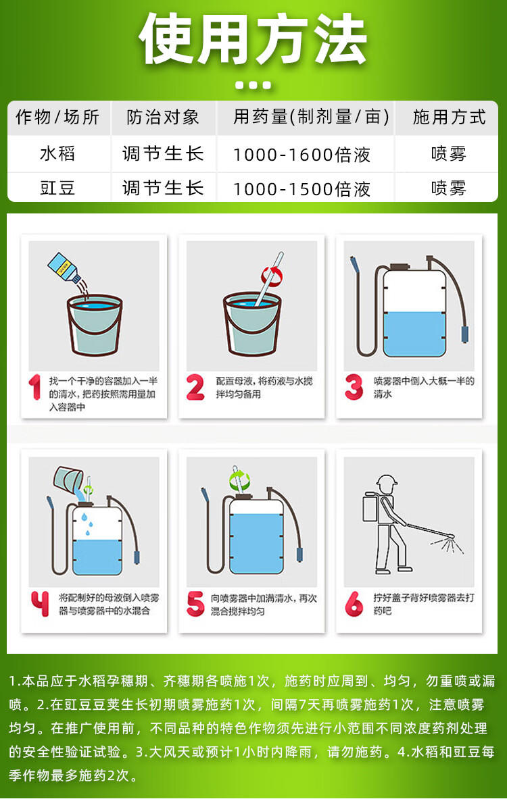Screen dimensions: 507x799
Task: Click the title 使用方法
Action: pos(253,38)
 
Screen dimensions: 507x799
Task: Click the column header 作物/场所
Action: pos(57,118)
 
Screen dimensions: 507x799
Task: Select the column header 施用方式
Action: pos(449,118)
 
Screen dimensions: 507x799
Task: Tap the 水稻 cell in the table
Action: pos(57,153)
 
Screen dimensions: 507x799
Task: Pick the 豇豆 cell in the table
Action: pos(57,188)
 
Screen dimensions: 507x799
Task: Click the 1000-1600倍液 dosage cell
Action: pos(302,155)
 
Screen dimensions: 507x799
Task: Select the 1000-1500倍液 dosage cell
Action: pos(302,189)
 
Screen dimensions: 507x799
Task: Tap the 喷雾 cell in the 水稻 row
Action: pos(449,153)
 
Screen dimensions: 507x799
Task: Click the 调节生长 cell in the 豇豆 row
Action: pos(163,188)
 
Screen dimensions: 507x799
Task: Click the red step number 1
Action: pos(34,387)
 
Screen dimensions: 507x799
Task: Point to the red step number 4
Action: pos(40,603)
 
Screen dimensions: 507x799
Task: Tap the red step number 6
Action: pos(354,604)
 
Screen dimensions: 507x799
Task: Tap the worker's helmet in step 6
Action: pos(387,481)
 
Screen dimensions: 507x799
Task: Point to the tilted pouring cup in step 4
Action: pos(69,479)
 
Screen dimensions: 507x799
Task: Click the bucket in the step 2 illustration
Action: pos(252,323)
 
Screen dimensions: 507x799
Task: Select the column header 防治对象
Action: pos(163,118)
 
